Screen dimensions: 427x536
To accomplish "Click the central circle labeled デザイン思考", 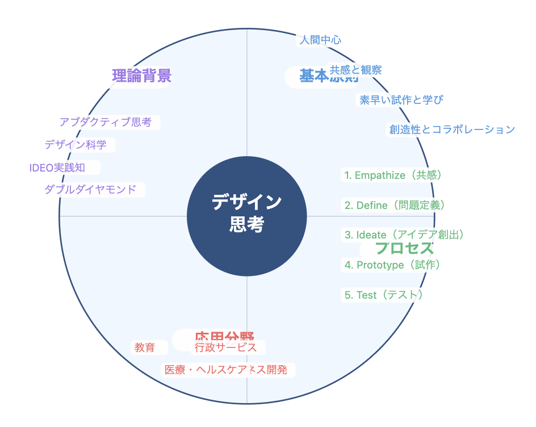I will point(246,216).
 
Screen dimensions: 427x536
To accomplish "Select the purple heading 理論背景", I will point(142,76).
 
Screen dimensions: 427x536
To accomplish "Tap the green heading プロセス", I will point(404,248).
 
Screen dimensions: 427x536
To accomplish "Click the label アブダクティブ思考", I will point(106,122).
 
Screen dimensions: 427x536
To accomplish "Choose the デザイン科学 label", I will point(76,145).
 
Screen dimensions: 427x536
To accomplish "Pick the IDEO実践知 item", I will point(57,168).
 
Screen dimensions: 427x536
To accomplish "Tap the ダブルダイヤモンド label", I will point(90,190).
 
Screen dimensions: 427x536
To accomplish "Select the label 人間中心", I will point(320,40).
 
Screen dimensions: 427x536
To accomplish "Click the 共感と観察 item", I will point(356,70).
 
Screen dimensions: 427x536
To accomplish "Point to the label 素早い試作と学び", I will point(401,100).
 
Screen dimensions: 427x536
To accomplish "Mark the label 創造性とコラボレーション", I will point(452,129).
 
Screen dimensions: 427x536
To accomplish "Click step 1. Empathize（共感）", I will point(393,175).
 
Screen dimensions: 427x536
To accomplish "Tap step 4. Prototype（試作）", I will point(392,265).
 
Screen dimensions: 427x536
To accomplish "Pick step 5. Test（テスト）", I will point(383,295).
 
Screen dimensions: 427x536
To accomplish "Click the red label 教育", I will point(145,348).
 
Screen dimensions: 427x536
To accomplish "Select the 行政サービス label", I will point(226,348).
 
